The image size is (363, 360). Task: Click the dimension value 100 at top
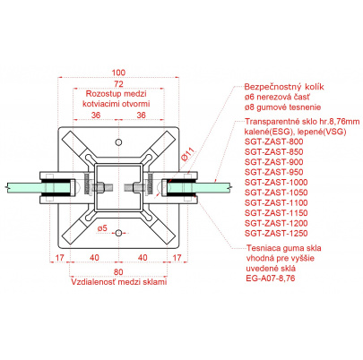coord(118,73)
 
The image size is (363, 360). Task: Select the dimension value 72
coord(118,84)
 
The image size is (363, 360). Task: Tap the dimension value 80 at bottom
coord(118,272)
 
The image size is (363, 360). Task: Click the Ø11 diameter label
coord(188,154)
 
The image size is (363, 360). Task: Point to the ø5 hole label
coord(102,228)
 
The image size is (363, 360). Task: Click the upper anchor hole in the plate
coord(118,142)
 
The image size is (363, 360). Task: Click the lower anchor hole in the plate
coord(118,233)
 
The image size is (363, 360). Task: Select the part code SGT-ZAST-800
coord(274,141)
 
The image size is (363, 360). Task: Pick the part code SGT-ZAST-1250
coord(276,233)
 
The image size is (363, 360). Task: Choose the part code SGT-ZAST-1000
coord(276,182)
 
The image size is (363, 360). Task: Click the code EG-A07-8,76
coord(271,279)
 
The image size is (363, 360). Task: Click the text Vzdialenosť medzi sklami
coord(118,282)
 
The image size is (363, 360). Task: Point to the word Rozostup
coord(99,94)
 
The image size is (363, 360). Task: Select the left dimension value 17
coord(60,257)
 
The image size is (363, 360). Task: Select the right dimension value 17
coord(177,257)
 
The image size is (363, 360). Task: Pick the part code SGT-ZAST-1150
coord(276,213)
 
